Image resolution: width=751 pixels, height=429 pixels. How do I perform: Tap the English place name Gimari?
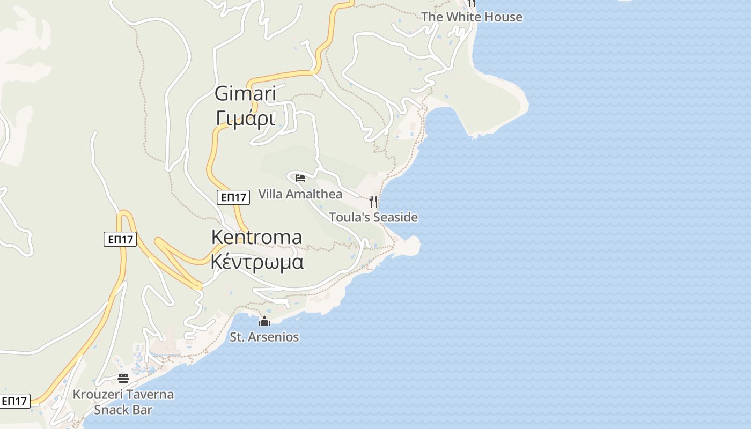[245, 93]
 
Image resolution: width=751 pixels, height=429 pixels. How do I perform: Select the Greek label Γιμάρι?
[245, 118]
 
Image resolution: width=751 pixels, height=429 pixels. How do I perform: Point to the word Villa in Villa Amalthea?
[270, 194]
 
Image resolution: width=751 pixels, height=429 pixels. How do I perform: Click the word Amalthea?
[314, 194]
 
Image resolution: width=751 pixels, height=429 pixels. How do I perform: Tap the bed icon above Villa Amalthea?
[300, 178]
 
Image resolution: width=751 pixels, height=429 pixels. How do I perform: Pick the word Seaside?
[395, 217]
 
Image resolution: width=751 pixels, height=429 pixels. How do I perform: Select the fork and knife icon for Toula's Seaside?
[373, 202]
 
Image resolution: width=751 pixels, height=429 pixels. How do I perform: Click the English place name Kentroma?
[256, 237]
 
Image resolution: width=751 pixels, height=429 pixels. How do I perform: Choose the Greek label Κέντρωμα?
[256, 262]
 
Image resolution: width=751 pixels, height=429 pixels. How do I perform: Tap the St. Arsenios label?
[264, 337]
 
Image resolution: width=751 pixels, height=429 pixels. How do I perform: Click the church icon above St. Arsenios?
[264, 322]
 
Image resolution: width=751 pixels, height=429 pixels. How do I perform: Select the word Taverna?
[152, 395]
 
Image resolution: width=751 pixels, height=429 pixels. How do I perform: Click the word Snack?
[111, 410]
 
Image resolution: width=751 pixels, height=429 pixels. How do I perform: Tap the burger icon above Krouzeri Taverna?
[123, 379]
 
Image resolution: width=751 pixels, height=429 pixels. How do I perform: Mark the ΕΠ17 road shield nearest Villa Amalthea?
[234, 197]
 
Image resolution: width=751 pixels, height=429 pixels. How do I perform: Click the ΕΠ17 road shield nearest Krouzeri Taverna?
[14, 401]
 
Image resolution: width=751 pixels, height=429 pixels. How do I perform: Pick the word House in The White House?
[503, 17]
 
